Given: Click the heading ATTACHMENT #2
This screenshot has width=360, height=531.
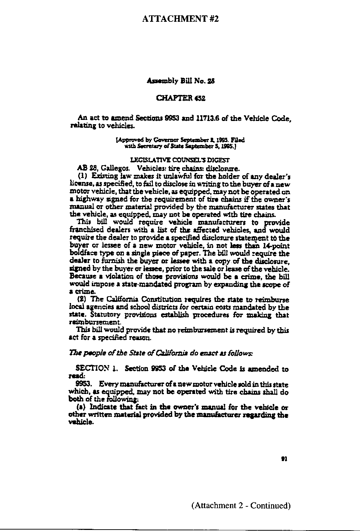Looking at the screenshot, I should coord(180,19).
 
